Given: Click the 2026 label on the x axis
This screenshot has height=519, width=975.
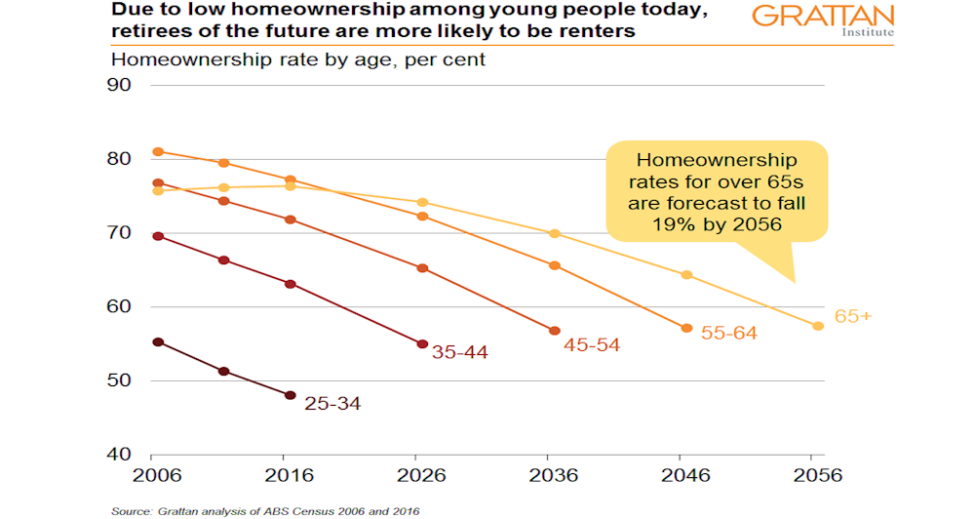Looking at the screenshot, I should coord(421,476).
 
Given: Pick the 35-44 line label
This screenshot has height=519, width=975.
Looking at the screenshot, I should coord(460,352).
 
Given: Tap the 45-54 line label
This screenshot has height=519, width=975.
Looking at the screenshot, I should coord(592,344).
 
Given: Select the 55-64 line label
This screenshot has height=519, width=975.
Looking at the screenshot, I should coord(729,333).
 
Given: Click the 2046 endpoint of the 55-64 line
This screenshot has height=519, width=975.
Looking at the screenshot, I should coord(686,328).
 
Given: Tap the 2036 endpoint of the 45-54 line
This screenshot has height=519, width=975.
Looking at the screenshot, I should coord(555,331).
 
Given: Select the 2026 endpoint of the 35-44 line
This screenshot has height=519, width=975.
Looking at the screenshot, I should coord(422,343).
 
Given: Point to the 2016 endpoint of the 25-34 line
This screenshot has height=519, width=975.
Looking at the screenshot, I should coord(290,395).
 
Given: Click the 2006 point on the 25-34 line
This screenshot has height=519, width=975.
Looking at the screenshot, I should coord(158,342).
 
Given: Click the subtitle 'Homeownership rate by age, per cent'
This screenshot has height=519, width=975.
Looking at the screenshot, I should coord(298,59).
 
